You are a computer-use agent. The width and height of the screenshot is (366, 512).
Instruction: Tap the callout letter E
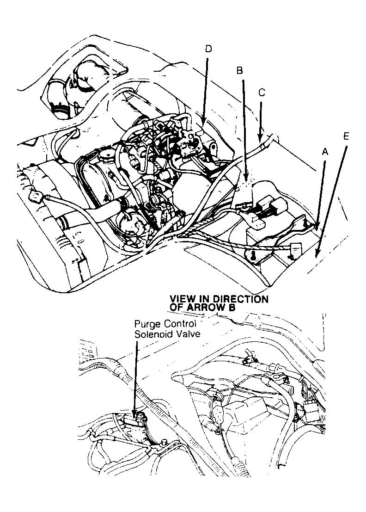point(347,136)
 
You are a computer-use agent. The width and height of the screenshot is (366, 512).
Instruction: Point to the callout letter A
point(325,151)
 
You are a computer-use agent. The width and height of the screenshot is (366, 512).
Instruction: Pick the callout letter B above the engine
point(239,71)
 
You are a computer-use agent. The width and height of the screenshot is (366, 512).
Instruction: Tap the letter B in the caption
point(232,306)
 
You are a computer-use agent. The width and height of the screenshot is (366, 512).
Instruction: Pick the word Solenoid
point(152,334)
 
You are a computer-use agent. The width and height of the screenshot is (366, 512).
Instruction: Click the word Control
point(178,324)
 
